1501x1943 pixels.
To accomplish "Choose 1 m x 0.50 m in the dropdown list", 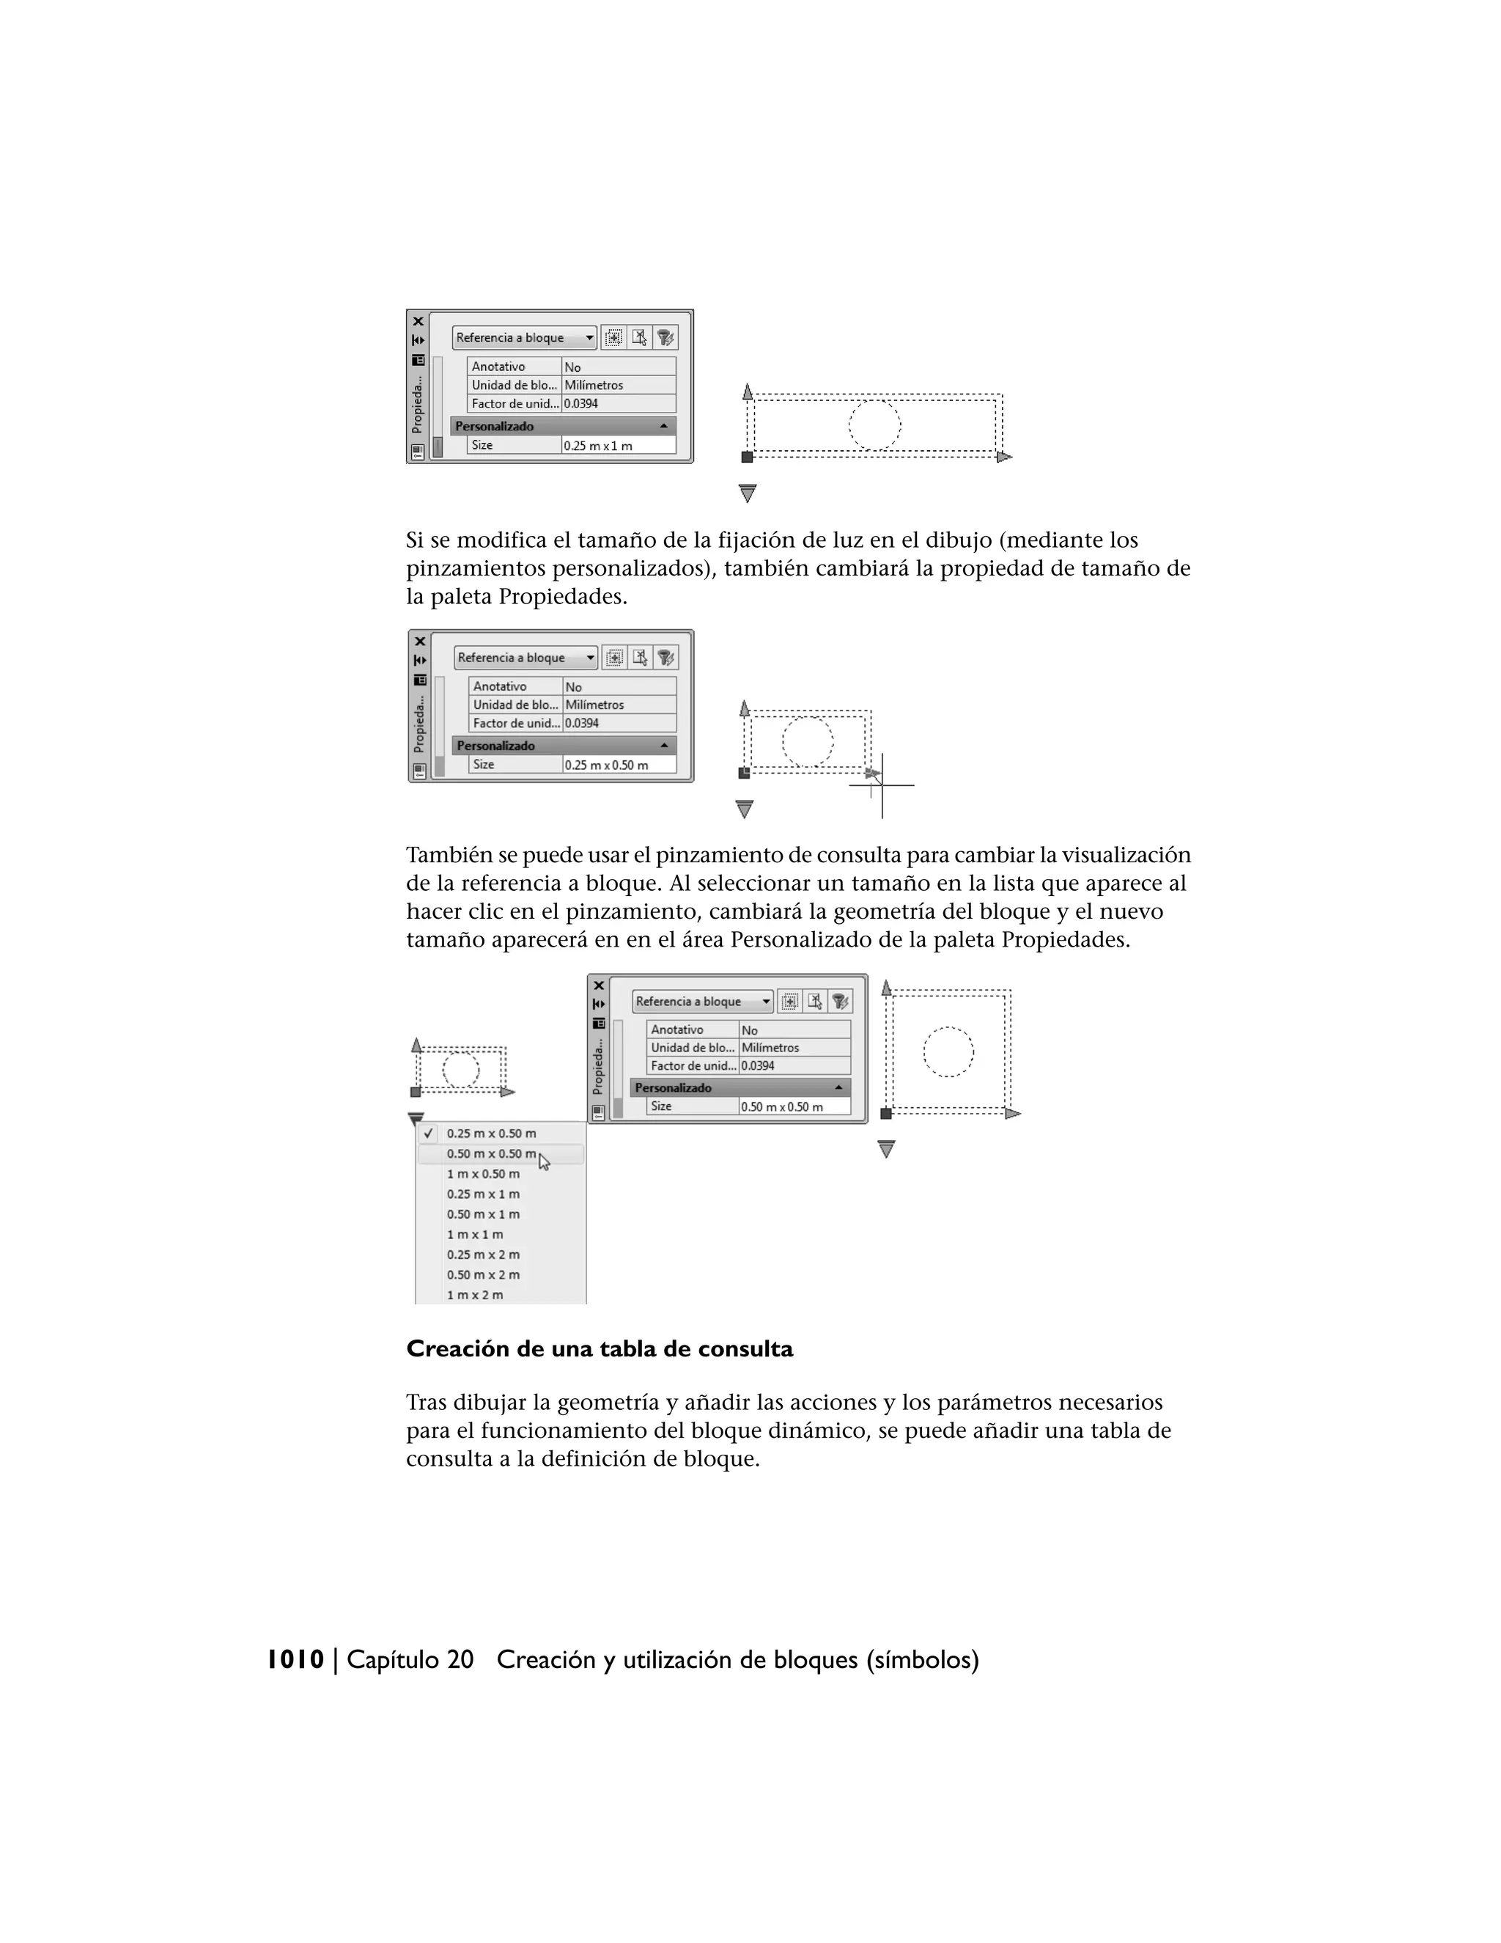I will click(x=484, y=1175).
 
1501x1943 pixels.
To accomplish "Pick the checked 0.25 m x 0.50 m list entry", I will click(x=491, y=1134).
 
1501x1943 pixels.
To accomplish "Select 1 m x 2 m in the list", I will click(x=475, y=1296).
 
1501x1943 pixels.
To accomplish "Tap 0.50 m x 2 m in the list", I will click(x=484, y=1275).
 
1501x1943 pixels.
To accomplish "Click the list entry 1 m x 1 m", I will click(x=475, y=1235).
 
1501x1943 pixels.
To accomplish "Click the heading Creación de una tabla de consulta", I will click(x=600, y=1350).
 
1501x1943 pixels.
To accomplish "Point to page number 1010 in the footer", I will click(x=295, y=1660).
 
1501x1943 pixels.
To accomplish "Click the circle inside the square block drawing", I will click(x=948, y=1052).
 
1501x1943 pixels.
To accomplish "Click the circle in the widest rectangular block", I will click(x=875, y=425).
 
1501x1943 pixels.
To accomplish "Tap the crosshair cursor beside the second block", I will click(x=881, y=785).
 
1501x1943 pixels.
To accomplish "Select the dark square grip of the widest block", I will click(x=747, y=458).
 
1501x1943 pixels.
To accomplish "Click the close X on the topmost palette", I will click(x=418, y=321).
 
